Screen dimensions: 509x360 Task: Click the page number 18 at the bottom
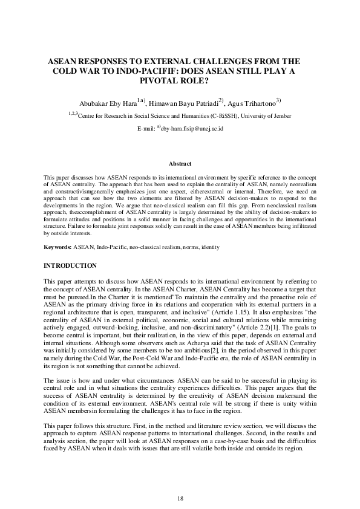[x=180, y=481]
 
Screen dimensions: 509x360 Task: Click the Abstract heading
[x=180, y=164]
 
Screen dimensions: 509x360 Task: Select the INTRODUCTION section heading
[x=71, y=265]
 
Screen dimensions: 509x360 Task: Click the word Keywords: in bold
[x=59, y=248]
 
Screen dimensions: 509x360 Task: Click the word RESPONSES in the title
[x=102, y=61]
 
